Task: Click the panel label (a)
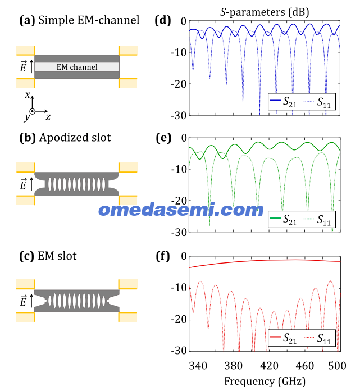click(x=28, y=20)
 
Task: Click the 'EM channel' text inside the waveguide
click(x=77, y=67)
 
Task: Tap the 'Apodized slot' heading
click(x=75, y=138)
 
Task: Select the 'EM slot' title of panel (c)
click(x=57, y=256)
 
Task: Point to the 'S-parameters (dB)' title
click(x=265, y=12)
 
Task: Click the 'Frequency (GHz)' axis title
click(x=265, y=382)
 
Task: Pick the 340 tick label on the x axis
click(x=198, y=366)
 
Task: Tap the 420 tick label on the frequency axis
click(x=269, y=366)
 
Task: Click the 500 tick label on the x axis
click(x=337, y=366)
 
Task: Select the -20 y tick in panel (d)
click(x=179, y=84)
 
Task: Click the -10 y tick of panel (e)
click(x=179, y=170)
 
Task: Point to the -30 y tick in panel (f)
click(x=179, y=351)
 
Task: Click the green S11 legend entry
click(x=317, y=220)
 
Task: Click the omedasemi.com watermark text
click(x=181, y=210)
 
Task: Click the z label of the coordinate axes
click(x=48, y=116)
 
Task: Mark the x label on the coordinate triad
click(x=28, y=94)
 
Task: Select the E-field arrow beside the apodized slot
click(x=31, y=184)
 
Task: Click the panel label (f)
click(x=163, y=256)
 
